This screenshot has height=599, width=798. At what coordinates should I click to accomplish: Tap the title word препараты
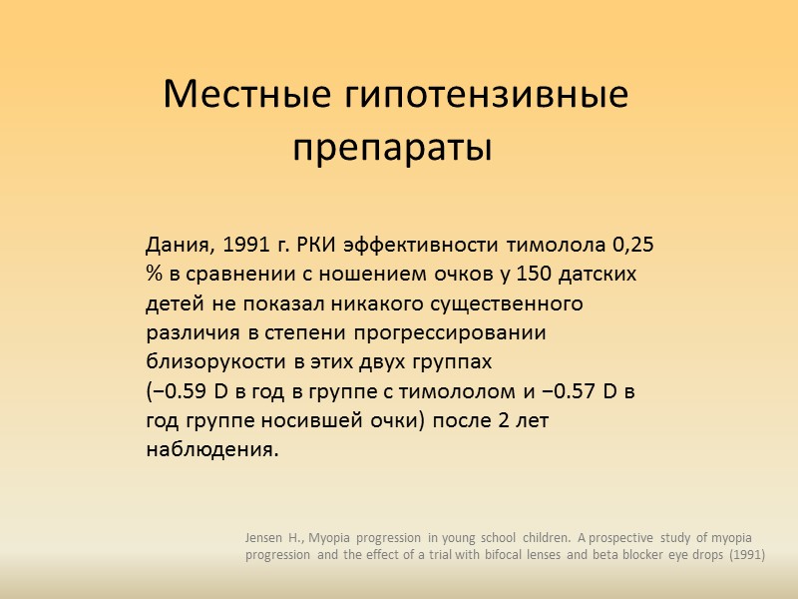click(393, 149)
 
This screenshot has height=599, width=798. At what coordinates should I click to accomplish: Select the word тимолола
click(559, 246)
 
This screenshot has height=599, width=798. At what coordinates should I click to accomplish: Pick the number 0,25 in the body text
click(633, 246)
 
